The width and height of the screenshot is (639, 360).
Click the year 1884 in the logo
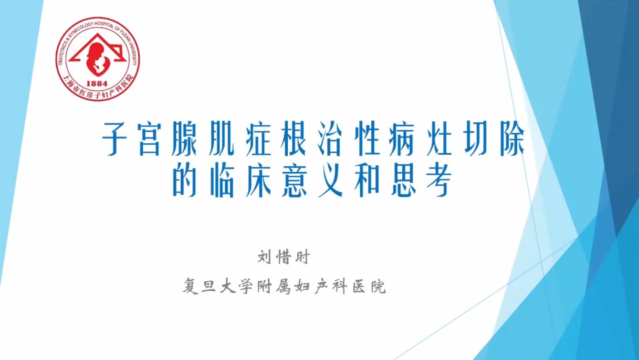coord(96,84)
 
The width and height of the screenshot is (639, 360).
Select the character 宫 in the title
coord(149,138)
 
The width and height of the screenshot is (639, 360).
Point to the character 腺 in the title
coord(185,138)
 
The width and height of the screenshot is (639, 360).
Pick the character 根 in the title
coord(293,138)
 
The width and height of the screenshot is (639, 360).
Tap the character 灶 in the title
coord(440,138)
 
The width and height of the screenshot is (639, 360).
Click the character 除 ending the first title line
coord(512,138)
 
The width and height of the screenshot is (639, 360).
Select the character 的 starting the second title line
coord(185,180)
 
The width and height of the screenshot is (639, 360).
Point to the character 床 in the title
coord(258,180)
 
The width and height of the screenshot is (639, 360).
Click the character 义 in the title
coord(331,180)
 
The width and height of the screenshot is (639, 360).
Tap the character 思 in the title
coord(403,180)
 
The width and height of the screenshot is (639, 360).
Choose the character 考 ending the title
coord(440,180)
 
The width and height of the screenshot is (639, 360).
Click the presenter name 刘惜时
coord(284,257)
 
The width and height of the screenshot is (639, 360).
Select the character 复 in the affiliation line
coord(191,286)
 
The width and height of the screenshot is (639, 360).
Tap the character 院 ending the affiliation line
coord(378,286)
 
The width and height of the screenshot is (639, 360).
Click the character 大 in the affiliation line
coord(229,286)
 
